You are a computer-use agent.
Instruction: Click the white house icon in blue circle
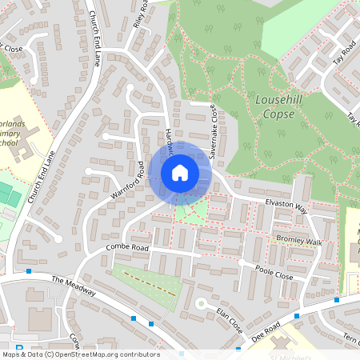pos(180,173)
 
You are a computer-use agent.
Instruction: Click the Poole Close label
pos(274,272)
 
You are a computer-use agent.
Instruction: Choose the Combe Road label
pos(127,250)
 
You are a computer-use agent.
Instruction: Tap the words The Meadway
pos(74,286)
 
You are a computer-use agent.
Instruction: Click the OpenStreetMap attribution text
pos(80,354)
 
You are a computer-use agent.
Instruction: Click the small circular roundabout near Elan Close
pos(201,302)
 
